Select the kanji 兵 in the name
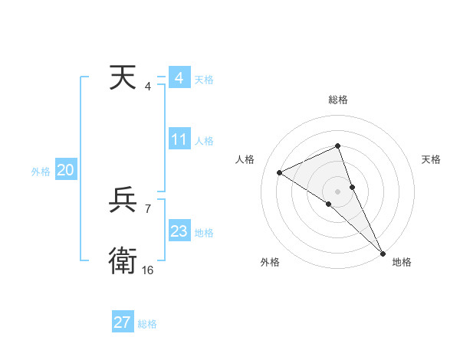123,201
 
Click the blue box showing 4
179,78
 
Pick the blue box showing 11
179,140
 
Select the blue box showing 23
179,231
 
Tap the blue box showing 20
66,171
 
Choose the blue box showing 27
123,322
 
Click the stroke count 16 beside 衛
147,270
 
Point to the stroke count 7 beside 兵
148,208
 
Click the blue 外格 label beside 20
41,172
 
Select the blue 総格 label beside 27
147,324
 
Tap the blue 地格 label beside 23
204,233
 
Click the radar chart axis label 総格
337,100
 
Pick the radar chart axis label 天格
431,159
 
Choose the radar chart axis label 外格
270,262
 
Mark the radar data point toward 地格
383,252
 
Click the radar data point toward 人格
280,172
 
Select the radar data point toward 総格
337,146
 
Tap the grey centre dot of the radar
337,191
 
